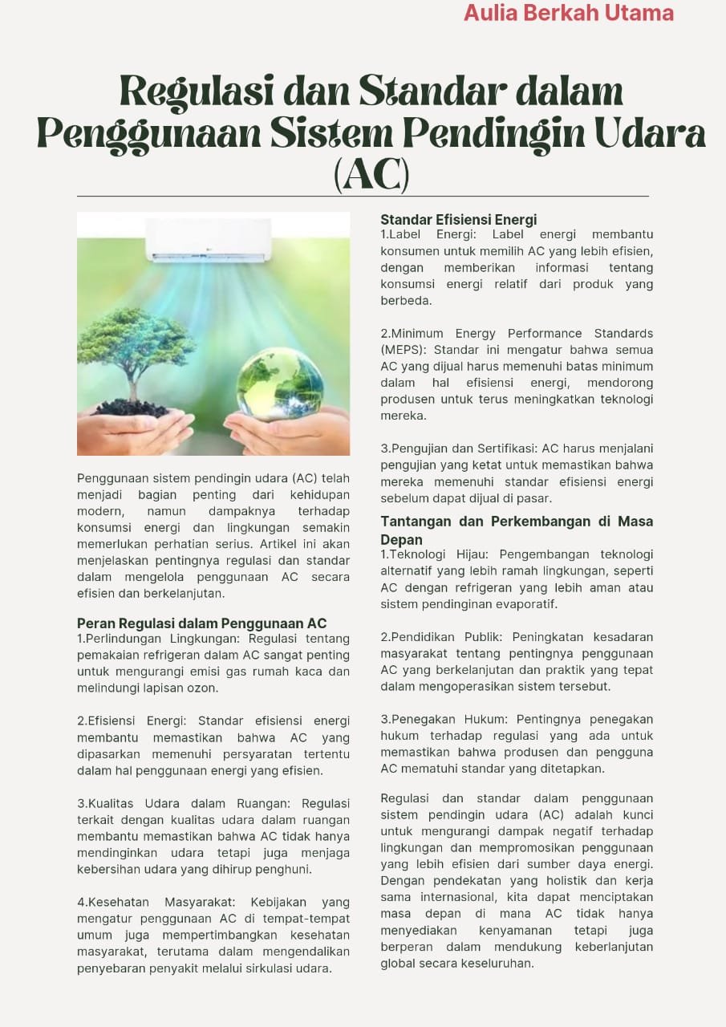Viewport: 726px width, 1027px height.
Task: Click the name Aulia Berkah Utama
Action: tap(568, 13)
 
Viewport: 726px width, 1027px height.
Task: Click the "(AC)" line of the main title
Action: tap(371, 174)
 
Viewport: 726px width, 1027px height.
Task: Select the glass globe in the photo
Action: tap(279, 384)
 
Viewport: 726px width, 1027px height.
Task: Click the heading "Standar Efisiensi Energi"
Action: tap(458, 220)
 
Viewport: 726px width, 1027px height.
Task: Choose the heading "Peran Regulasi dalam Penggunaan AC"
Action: tap(201, 623)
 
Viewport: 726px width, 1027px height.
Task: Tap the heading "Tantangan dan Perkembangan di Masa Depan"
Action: tap(516, 530)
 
